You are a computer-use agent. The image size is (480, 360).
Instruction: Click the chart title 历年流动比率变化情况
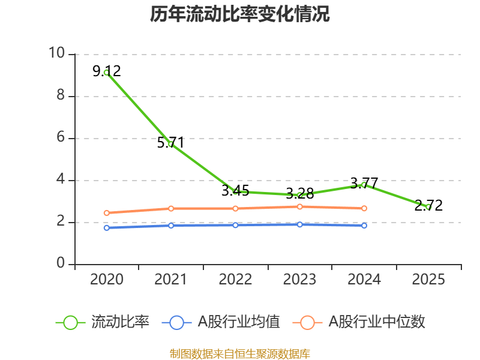tap(240, 14)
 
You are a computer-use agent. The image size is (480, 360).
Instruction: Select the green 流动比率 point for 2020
tap(106, 73)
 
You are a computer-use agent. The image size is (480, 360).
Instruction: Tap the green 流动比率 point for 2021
tap(171, 144)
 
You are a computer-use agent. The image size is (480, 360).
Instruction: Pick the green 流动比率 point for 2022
tap(235, 191)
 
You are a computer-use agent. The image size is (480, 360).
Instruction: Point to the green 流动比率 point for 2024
tap(364, 185)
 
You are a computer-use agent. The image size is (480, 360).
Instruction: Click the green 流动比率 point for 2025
tap(428, 207)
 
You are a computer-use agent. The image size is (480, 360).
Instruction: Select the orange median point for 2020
tap(106, 213)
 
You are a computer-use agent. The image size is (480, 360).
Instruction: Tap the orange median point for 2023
tap(300, 206)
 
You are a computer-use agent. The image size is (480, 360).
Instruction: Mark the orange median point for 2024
tap(364, 208)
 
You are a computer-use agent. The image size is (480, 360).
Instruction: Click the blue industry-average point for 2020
tap(106, 228)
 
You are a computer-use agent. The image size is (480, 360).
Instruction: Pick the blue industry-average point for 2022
tap(235, 225)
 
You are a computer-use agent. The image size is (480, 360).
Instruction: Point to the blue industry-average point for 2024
tap(364, 225)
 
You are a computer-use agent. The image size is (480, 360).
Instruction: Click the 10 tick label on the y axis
tap(57, 54)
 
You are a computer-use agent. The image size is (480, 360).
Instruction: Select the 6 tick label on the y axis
tap(61, 138)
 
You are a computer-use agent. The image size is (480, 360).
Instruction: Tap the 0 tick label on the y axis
tap(61, 264)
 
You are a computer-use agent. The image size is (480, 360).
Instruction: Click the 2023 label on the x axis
tap(300, 280)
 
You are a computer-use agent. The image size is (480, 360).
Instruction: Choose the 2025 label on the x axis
tap(428, 280)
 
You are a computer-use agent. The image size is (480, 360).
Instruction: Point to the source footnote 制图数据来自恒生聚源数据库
tap(240, 353)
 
